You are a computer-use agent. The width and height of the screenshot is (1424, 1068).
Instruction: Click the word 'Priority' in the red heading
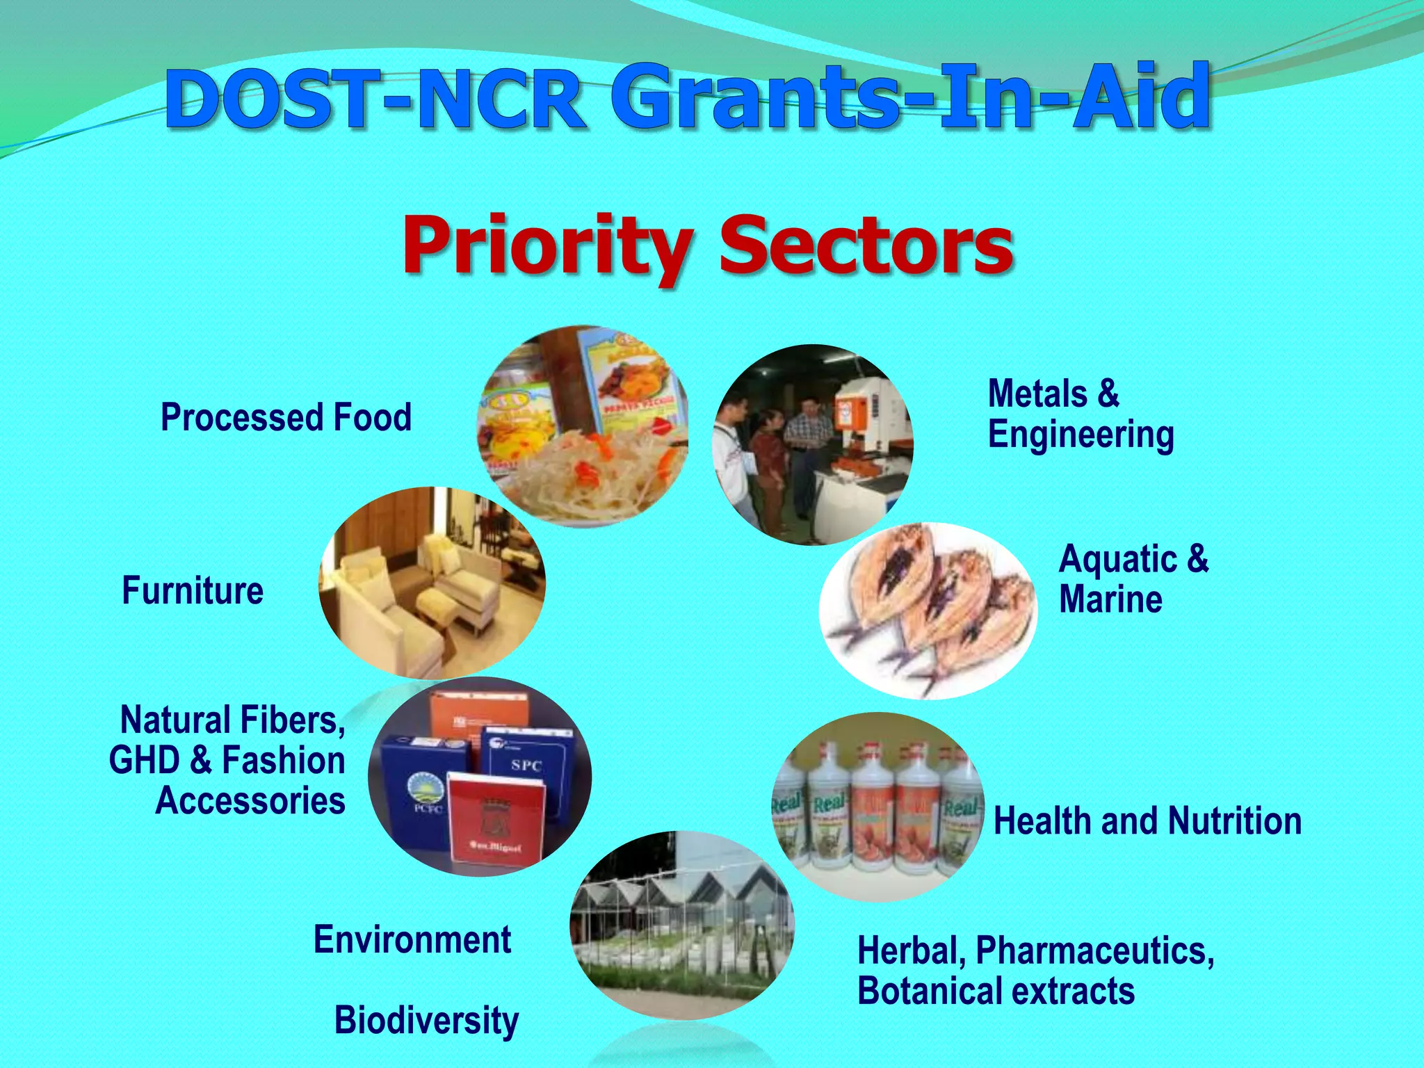tap(547, 248)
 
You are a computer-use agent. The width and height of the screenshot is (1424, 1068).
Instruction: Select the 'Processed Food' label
tap(286, 417)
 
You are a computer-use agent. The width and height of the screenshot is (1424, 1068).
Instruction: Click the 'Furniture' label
tap(193, 591)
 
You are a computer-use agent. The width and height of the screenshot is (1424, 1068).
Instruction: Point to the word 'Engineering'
tap(1081, 435)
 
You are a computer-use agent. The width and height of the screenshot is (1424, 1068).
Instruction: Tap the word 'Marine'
tap(1110, 599)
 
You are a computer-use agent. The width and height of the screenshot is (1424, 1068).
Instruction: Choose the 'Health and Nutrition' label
tap(1147, 821)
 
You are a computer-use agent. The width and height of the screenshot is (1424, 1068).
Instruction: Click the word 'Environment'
tap(412, 939)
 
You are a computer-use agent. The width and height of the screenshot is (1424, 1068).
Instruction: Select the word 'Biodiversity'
tap(426, 1020)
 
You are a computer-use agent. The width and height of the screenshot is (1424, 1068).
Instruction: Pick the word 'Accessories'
tap(250, 801)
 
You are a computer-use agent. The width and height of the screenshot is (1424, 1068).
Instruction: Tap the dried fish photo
tap(928, 610)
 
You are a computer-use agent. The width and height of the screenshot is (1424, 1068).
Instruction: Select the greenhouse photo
tap(681, 925)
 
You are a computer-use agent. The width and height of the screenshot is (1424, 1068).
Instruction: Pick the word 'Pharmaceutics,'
tap(1094, 950)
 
